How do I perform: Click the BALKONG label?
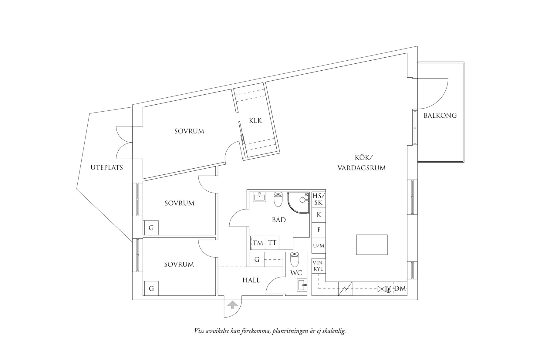[440, 116]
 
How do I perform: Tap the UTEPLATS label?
[107, 167]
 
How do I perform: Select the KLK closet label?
[255, 121]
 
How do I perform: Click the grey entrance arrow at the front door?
[232, 305]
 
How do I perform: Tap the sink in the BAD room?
[260, 197]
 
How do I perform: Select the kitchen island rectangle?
[372, 244]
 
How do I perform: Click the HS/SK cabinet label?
[319, 199]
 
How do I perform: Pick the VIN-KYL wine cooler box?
[319, 266]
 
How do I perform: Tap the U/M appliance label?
[319, 246]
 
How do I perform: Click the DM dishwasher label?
[400, 289]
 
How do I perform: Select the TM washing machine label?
[258, 243]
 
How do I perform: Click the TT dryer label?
[272, 243]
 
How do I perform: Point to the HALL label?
[251, 280]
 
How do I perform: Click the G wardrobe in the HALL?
[257, 260]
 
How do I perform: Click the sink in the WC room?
[302, 285]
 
